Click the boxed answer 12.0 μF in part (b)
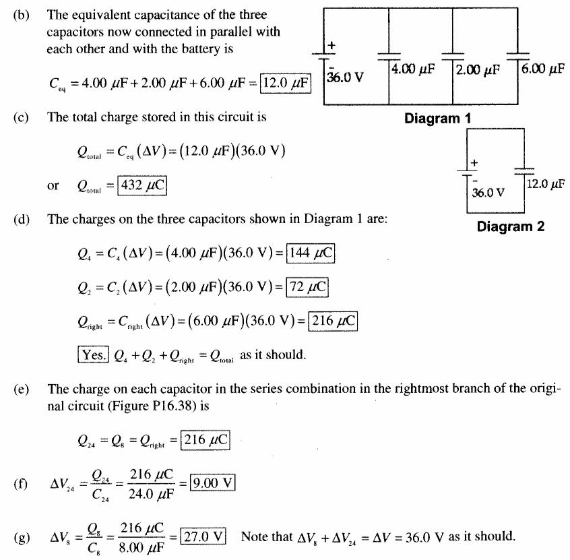click(286, 84)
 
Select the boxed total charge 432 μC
click(141, 185)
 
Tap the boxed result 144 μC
click(311, 253)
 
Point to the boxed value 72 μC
click(307, 287)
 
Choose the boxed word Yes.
click(93, 354)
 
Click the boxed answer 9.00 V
click(213, 483)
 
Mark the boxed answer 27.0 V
click(203, 536)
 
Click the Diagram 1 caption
click(438, 119)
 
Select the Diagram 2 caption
click(511, 226)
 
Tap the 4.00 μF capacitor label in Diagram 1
click(413, 69)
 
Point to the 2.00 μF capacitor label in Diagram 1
click(478, 69)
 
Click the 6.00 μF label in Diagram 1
click(543, 68)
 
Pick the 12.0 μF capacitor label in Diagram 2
click(546, 184)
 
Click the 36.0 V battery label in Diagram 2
click(488, 192)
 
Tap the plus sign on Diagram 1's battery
click(331, 45)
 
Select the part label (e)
click(22, 389)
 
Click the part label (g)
click(22, 537)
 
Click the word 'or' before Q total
click(53, 186)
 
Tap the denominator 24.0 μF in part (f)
click(151, 495)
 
